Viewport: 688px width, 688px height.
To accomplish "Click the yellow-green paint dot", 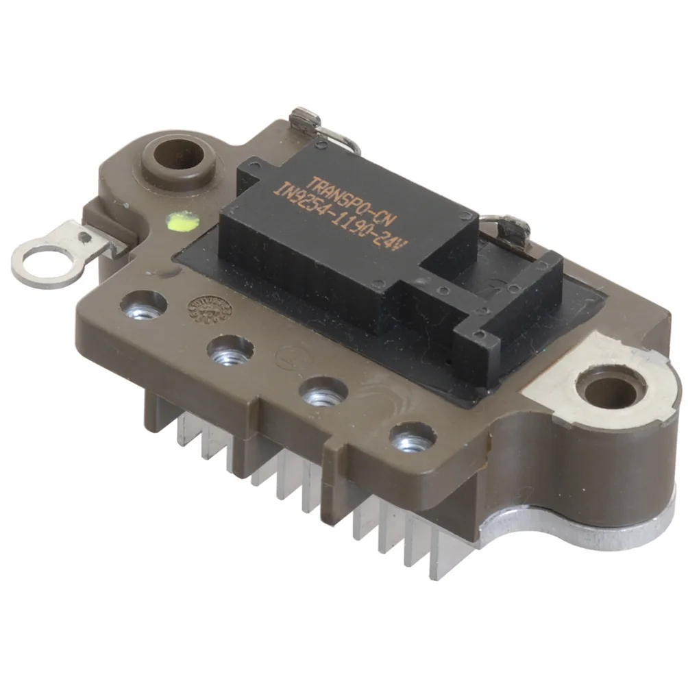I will coord(181,220).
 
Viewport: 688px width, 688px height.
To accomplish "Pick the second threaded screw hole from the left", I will coord(228,351).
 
